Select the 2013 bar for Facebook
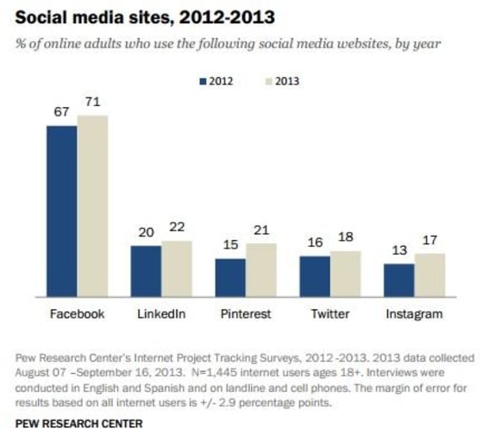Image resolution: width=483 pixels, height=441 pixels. click(92, 206)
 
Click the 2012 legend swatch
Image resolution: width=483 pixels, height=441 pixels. click(204, 82)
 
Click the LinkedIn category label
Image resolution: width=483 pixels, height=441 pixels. click(160, 314)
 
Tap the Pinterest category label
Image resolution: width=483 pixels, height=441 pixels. click(245, 314)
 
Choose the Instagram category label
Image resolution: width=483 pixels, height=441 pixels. click(414, 314)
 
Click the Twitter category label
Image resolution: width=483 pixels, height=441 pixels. click(329, 314)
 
